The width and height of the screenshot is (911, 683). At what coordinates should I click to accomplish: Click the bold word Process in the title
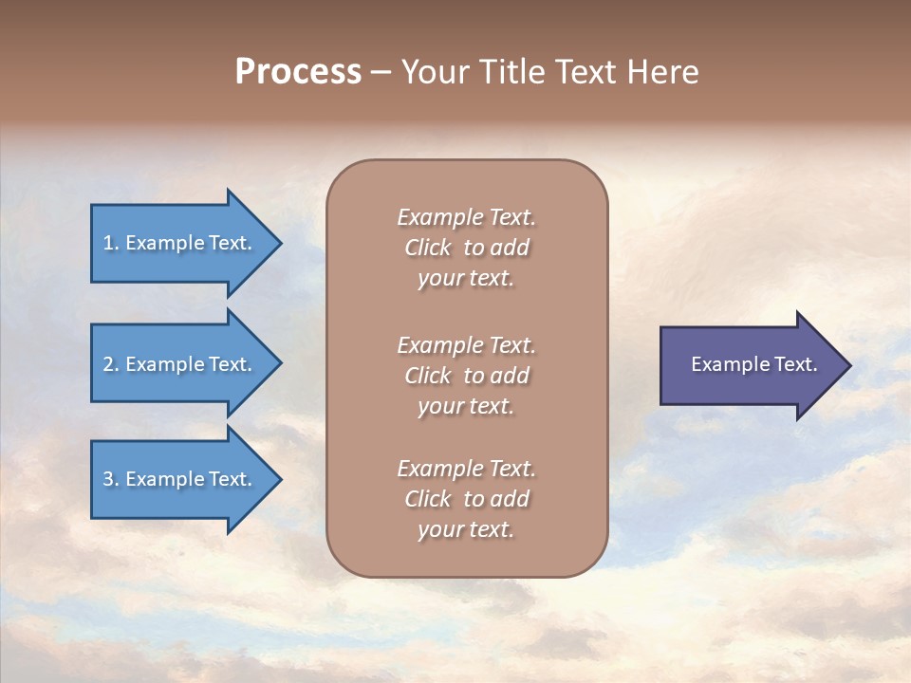298,73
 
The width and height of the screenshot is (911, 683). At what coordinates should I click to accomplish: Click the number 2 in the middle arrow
108,364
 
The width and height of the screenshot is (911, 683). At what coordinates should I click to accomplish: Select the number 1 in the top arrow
108,243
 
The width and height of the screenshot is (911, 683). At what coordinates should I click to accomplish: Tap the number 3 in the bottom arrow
108,479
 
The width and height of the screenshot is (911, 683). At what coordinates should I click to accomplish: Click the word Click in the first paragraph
428,248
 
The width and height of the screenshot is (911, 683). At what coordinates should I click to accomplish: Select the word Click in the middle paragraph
428,376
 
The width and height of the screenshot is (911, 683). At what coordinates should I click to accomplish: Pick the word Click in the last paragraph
428,499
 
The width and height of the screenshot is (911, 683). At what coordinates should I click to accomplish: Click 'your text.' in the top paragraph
465,279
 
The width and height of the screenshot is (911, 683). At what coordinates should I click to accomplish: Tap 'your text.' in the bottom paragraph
465,530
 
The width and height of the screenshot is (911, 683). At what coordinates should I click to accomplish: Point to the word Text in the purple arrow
795,364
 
